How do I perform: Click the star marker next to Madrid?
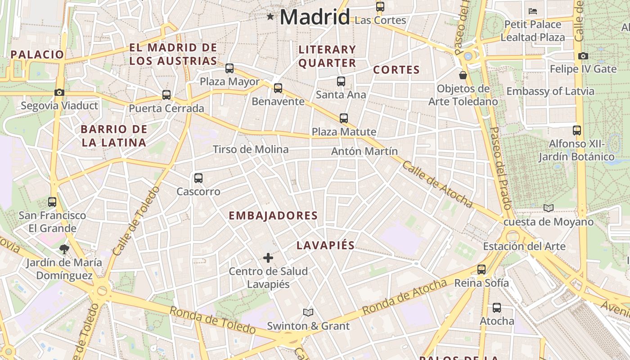pyautogui.click(x=270, y=17)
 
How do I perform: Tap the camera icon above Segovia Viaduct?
pyautogui.click(x=59, y=92)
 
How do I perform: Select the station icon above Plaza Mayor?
pyautogui.click(x=229, y=68)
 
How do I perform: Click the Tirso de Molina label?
pyautogui.click(x=250, y=149)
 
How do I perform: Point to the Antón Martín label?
pyautogui.click(x=364, y=151)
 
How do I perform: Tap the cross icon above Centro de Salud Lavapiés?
pyautogui.click(x=268, y=258)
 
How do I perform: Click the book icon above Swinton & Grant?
pyautogui.click(x=308, y=312)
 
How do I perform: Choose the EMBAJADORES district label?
pyautogui.click(x=273, y=216)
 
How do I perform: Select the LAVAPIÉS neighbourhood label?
pyautogui.click(x=325, y=245)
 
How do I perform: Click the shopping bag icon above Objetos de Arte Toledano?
pyautogui.click(x=463, y=75)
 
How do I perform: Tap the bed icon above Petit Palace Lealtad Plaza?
pyautogui.click(x=533, y=11)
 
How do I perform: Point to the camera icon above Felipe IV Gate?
pyautogui.click(x=583, y=56)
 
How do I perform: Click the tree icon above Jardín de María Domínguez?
pyautogui.click(x=64, y=249)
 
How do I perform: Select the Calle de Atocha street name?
pyautogui.click(x=436, y=184)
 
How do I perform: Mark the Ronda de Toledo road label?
pyautogui.click(x=212, y=319)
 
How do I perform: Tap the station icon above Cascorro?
pyautogui.click(x=198, y=178)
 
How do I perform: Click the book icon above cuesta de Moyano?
pyautogui.click(x=548, y=208)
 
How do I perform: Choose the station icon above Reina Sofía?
pyautogui.click(x=481, y=270)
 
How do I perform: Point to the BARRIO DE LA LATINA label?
pyautogui.click(x=113, y=136)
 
